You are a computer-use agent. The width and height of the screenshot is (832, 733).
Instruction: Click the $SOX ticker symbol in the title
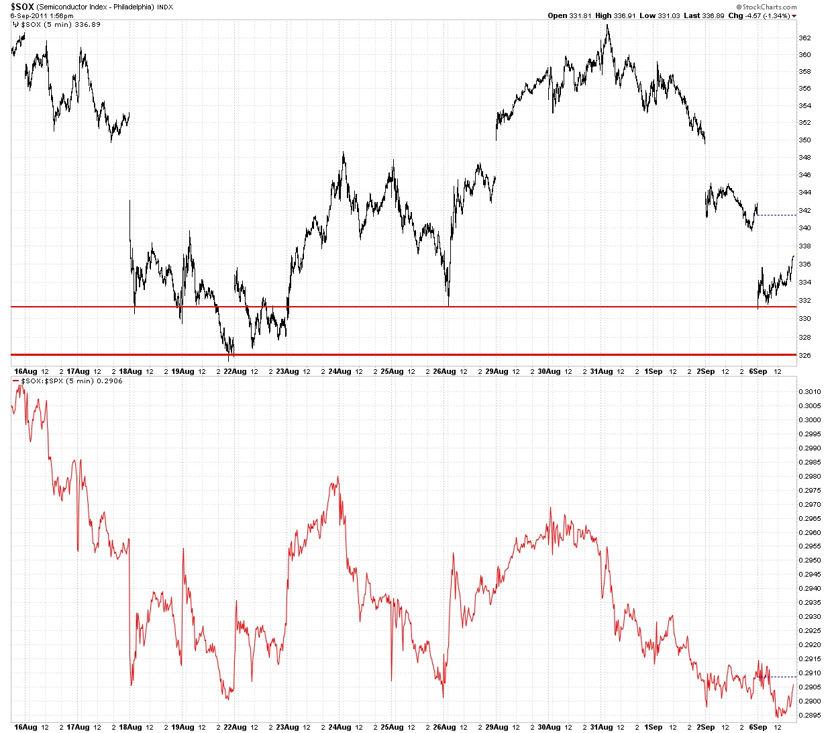[21, 6]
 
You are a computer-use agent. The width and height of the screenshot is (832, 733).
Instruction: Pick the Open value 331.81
[580, 15]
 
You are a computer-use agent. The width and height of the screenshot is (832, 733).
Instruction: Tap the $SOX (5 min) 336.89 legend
[61, 24]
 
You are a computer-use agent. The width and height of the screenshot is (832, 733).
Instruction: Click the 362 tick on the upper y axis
[804, 38]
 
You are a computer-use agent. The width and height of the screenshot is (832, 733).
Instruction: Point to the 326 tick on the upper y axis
[804, 355]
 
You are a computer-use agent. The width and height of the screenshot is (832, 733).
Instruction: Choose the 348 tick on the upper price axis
[804, 158]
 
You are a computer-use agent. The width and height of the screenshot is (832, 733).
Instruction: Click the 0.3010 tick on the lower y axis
[808, 391]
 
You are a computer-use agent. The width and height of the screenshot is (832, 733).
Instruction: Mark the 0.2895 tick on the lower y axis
[808, 715]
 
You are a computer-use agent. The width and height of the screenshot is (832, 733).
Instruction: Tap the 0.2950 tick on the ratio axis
[808, 560]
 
